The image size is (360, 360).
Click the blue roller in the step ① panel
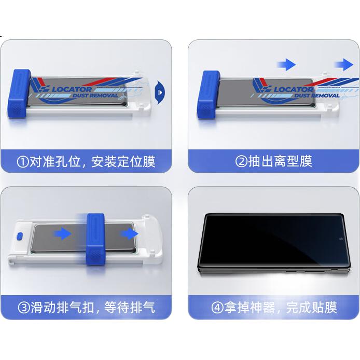click(19, 94)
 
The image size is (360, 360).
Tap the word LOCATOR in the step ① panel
click(72, 89)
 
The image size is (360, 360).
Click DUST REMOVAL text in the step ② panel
click(317, 95)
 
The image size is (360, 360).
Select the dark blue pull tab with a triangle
click(160, 92)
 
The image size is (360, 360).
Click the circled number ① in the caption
click(23, 162)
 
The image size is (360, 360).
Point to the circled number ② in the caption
click(241, 161)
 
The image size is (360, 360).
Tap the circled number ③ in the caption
click(24, 308)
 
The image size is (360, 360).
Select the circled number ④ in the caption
click(217, 308)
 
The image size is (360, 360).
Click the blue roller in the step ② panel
click(209, 95)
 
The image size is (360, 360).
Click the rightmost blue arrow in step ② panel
click(344, 64)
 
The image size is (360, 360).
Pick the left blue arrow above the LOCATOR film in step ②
click(286, 64)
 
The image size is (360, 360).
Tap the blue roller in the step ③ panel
click(96, 239)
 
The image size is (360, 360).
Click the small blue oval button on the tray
click(20, 237)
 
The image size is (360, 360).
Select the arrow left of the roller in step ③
click(62, 234)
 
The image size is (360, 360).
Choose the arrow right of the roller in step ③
click(129, 234)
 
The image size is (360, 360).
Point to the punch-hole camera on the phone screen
click(341, 239)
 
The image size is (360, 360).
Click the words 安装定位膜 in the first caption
click(123, 162)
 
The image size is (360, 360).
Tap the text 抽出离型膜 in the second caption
click(280, 161)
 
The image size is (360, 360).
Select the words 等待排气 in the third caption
click(130, 308)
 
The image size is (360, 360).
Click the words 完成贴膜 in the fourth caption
click(312, 308)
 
